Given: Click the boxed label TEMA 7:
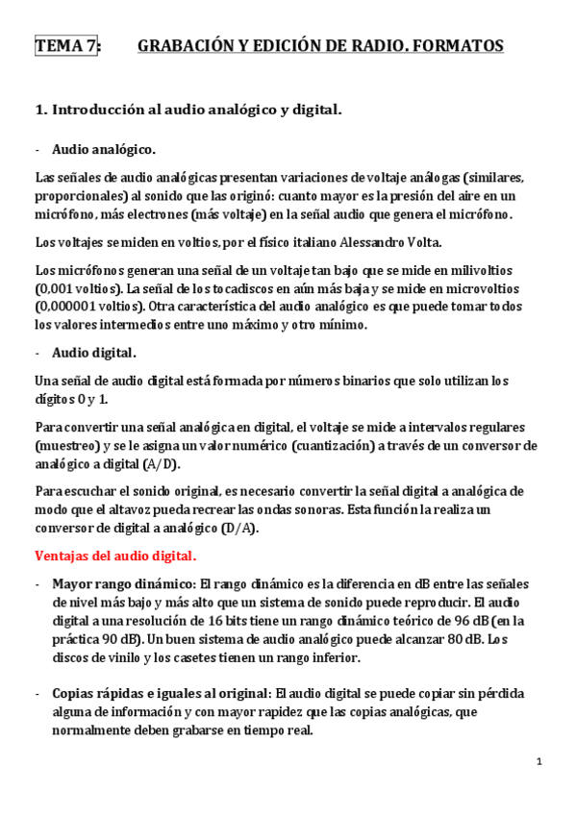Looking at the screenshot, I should pos(66,45).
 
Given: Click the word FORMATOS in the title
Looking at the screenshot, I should pos(455,45).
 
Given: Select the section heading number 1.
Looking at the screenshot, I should pos(40,110).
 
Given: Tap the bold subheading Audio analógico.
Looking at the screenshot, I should pos(104,149).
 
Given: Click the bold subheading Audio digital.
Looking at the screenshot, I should pos(94,353).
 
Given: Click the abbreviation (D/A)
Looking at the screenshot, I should pos(233,528).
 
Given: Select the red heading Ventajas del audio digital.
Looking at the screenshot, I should pos(115,555).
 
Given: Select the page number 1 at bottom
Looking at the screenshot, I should pos(539,762).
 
